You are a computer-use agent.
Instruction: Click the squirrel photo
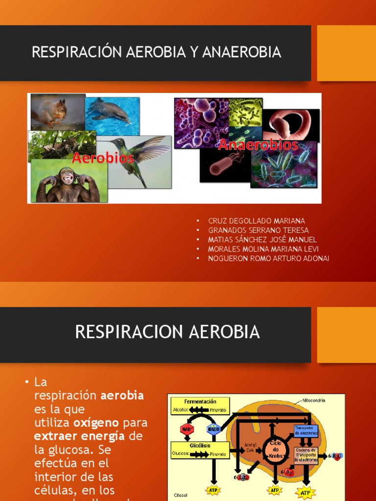(x=57, y=111)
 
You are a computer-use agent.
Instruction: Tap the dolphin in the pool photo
(x=112, y=114)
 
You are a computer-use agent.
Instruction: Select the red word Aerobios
(x=96, y=158)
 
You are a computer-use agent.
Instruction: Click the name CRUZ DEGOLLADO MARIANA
(x=257, y=221)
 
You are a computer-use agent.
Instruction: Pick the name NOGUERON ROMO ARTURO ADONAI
(x=268, y=258)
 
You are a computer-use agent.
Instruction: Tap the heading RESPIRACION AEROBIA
(x=167, y=332)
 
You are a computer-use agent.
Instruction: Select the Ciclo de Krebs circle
(x=274, y=449)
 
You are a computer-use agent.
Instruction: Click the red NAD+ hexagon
(x=187, y=429)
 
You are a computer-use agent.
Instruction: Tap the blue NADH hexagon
(x=213, y=429)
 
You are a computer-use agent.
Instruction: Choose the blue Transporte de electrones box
(x=306, y=431)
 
